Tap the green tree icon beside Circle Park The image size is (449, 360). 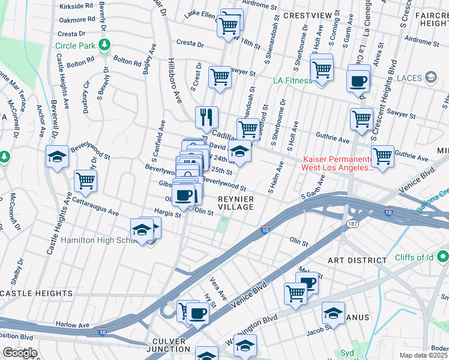[x=104, y=44]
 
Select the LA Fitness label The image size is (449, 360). [x=292, y=80]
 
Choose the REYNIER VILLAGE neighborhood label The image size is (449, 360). [x=235, y=202]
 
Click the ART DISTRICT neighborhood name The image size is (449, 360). [x=357, y=260]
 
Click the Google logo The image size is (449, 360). [x=19, y=353]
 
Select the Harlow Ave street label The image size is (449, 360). [x=73, y=325]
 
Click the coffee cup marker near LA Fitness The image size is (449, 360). [x=358, y=80]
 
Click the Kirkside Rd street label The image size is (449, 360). [x=77, y=7]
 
